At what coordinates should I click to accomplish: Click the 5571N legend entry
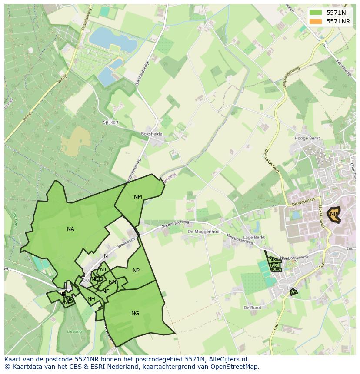click(336, 13)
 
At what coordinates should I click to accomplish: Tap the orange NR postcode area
click(334, 214)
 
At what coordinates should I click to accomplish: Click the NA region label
click(70, 229)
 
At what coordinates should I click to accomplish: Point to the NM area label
click(138, 197)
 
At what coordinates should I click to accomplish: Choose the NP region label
click(136, 271)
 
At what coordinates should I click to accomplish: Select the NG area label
click(135, 314)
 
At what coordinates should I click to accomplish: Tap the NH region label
click(91, 299)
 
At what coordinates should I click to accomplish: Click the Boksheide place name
click(151, 134)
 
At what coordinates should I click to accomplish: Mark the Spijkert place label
click(111, 122)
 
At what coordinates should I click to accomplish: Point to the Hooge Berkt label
click(307, 138)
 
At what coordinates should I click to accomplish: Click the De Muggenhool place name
click(204, 232)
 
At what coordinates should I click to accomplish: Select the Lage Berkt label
click(254, 238)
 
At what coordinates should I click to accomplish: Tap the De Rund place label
click(252, 308)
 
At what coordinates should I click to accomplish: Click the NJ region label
click(103, 270)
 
